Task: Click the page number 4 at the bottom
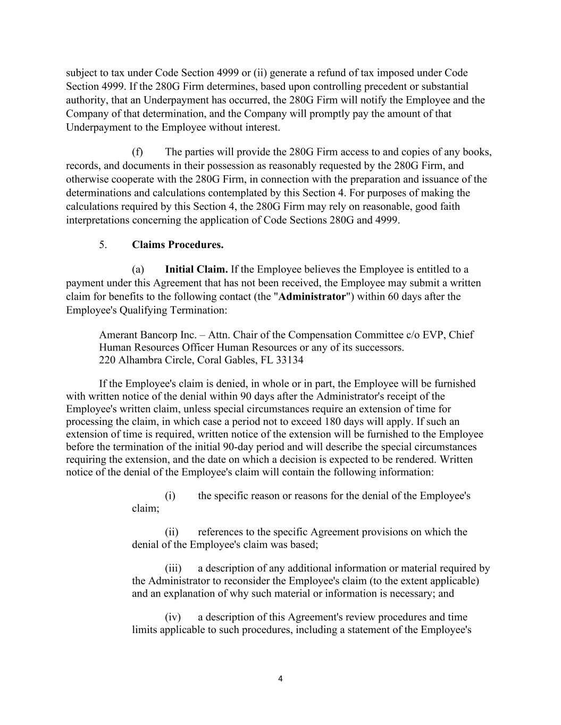point(280,678)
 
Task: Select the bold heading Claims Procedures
point(178,245)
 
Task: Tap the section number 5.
point(103,245)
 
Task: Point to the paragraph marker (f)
point(138,152)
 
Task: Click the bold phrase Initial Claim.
point(196,269)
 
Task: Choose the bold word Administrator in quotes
point(312,296)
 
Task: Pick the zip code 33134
point(290,360)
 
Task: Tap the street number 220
point(107,360)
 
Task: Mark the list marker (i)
point(170,496)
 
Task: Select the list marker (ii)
point(171,532)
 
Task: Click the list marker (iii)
point(173,568)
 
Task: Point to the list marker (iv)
point(173,617)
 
